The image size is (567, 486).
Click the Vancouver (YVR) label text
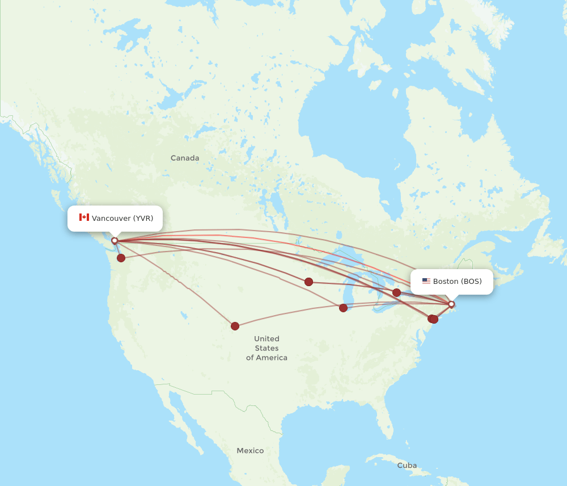pyautogui.click(x=122, y=219)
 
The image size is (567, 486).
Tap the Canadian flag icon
pyautogui.click(x=84, y=217)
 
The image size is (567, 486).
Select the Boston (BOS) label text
pyautogui.click(x=457, y=282)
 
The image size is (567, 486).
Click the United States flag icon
pyautogui.click(x=426, y=281)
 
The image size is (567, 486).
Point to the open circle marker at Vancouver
pyautogui.click(x=115, y=241)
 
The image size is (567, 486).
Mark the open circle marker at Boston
pyautogui.click(x=451, y=304)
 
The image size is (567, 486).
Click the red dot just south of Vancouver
pyautogui.click(x=121, y=258)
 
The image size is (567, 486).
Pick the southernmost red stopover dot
pyautogui.click(x=235, y=326)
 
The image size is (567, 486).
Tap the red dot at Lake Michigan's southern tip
pyautogui.click(x=343, y=308)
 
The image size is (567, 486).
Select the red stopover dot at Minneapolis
pyautogui.click(x=308, y=282)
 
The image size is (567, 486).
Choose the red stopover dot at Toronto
pyautogui.click(x=396, y=292)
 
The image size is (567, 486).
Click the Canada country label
pyautogui.click(x=185, y=158)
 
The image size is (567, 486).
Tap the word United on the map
pyautogui.click(x=266, y=338)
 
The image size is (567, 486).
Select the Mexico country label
pyautogui.click(x=250, y=451)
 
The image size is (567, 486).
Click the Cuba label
pyautogui.click(x=407, y=466)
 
